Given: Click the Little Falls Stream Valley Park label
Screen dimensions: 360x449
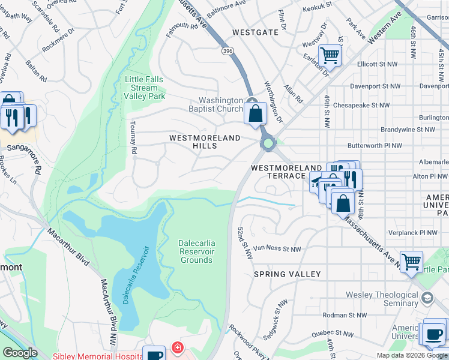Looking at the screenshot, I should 144,88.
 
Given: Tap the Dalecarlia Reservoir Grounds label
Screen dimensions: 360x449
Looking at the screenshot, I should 196,251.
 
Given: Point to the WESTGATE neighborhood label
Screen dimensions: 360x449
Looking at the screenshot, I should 255,32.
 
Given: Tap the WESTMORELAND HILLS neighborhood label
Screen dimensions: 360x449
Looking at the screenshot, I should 205,142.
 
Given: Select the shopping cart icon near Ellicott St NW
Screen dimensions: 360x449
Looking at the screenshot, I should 329,56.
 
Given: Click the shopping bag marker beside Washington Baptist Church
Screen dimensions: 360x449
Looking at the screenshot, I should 256,113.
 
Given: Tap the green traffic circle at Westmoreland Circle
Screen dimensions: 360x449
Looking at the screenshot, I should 267,143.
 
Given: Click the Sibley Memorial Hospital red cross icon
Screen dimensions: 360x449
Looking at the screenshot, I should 177,347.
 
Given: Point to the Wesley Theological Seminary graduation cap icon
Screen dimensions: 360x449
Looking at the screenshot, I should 427,298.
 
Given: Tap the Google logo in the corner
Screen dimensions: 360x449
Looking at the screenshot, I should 20,352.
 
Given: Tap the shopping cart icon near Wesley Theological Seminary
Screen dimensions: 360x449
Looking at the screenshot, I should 411,261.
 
